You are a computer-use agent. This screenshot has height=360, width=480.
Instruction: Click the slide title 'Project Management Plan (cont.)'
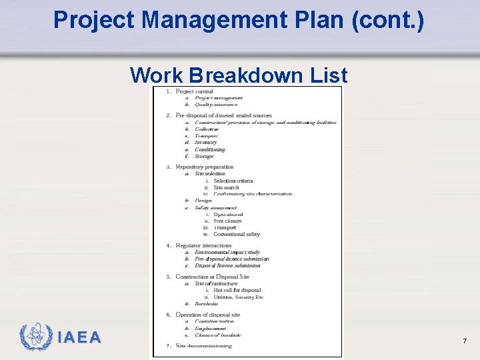pyautogui.click(x=238, y=20)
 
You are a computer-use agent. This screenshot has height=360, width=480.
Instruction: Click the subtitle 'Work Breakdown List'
pyautogui.click(x=239, y=75)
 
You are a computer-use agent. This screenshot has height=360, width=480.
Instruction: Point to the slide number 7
pyautogui.click(x=464, y=341)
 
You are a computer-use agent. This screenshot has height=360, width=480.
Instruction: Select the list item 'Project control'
pyautogui.click(x=194, y=91)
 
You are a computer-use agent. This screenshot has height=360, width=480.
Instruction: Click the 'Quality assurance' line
pyautogui.click(x=216, y=105)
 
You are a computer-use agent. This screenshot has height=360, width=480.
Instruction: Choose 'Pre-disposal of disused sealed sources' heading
pyautogui.click(x=223, y=115)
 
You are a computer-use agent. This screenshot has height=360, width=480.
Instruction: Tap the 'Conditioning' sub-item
pyautogui.click(x=210, y=149)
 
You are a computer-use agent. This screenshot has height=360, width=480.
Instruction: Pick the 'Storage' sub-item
pyautogui.click(x=204, y=156)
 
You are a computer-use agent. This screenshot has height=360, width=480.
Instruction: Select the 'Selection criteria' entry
pyautogui.click(x=233, y=181)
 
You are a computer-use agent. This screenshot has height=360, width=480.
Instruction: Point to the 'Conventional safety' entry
pyautogui.click(x=237, y=234)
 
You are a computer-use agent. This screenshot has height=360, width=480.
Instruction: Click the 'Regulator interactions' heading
pyautogui.click(x=204, y=245)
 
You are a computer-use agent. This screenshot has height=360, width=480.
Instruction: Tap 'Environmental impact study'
pyautogui.click(x=227, y=253)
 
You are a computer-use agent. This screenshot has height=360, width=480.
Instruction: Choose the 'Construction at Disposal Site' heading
pyautogui.click(x=212, y=277)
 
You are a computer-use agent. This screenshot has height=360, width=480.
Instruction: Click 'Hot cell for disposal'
pyautogui.click(x=237, y=290)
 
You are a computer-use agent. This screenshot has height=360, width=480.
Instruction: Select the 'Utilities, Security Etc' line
pyautogui.click(x=238, y=297)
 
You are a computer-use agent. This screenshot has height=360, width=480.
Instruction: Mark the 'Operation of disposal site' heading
pyautogui.click(x=208, y=315)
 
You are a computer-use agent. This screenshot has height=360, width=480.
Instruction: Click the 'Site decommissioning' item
pyautogui.click(x=203, y=345)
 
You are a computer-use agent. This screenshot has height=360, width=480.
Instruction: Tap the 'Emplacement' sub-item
pyautogui.click(x=211, y=329)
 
